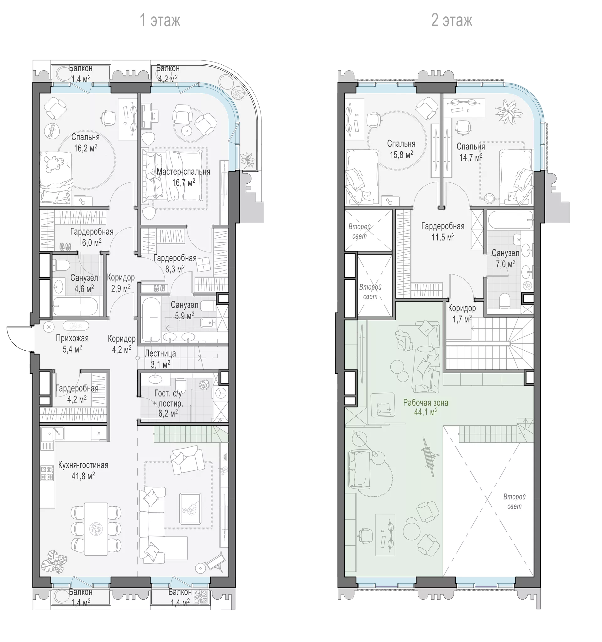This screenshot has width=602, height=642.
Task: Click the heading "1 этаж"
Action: coord(160,20)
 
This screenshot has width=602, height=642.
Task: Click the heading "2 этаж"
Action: coord(452,20)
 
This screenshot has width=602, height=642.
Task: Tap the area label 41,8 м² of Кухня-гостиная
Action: coord(83,476)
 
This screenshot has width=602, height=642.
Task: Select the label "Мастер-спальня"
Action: coord(183,171)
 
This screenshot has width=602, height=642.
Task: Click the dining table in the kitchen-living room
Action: coord(96,529)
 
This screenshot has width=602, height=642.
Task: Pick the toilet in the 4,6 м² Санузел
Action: coord(61,266)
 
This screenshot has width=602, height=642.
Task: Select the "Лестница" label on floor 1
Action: coord(160,353)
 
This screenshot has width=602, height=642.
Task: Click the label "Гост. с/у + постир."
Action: coord(168,398)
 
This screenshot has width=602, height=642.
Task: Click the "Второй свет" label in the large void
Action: coord(514,502)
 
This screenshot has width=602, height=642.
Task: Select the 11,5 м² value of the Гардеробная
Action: coord(443,237)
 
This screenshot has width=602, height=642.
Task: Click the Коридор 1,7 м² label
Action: coord(462,314)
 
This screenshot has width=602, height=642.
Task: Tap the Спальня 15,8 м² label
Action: coord(401,149)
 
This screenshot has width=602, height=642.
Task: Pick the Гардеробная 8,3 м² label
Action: coord(175,263)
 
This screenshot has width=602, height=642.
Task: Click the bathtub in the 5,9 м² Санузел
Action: coord(151,319)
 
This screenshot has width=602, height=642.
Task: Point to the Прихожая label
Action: coord(72,338)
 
